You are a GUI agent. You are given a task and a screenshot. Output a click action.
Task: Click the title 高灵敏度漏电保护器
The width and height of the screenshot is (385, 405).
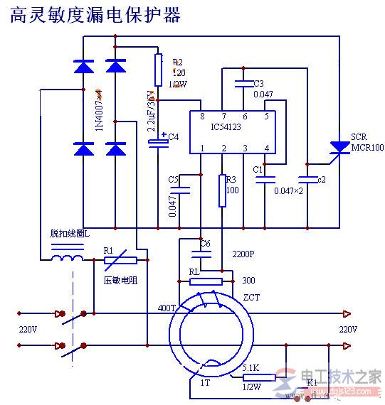(x=95, y=15)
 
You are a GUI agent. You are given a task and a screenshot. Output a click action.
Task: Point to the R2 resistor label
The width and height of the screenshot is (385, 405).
(x=177, y=62)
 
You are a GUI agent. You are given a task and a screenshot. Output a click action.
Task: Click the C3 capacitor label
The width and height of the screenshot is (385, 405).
(x=258, y=83)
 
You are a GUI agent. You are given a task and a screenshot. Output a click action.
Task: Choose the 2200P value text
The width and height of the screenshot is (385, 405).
(x=243, y=254)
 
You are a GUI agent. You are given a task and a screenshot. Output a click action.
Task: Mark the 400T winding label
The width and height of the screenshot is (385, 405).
(x=167, y=308)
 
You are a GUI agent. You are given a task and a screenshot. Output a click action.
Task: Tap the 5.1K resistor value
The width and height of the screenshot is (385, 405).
(x=250, y=368)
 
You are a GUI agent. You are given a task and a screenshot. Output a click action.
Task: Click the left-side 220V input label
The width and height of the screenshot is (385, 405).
(x=28, y=330)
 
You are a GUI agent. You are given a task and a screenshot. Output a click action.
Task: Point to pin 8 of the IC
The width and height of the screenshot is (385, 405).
(x=201, y=116)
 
